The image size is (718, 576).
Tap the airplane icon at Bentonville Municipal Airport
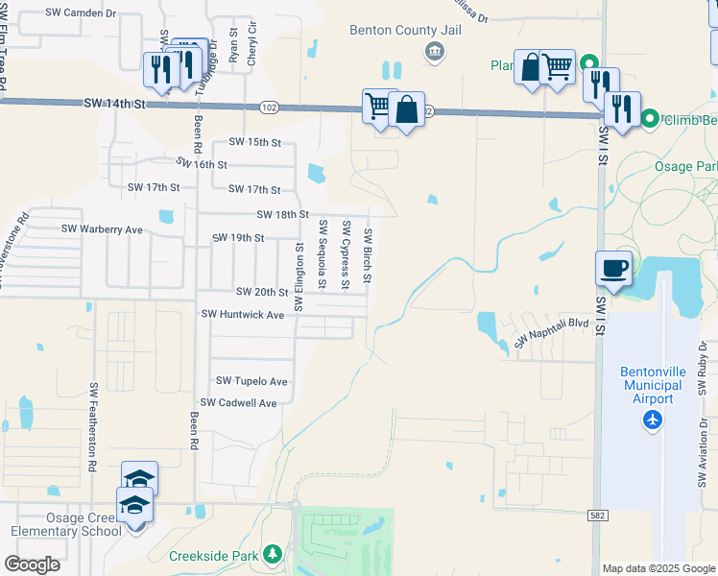653,420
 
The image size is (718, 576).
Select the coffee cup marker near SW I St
613,269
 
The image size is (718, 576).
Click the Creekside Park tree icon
273,555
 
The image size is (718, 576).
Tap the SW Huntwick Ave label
243,314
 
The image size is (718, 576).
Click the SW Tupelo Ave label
251,381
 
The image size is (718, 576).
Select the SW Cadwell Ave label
238,403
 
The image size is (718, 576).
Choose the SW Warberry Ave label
102,229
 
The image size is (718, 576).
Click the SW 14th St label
113,102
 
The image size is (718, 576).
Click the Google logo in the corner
32,564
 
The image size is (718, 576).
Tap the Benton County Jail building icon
435,50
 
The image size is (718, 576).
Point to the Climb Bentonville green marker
650,119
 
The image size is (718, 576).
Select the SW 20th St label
262,292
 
